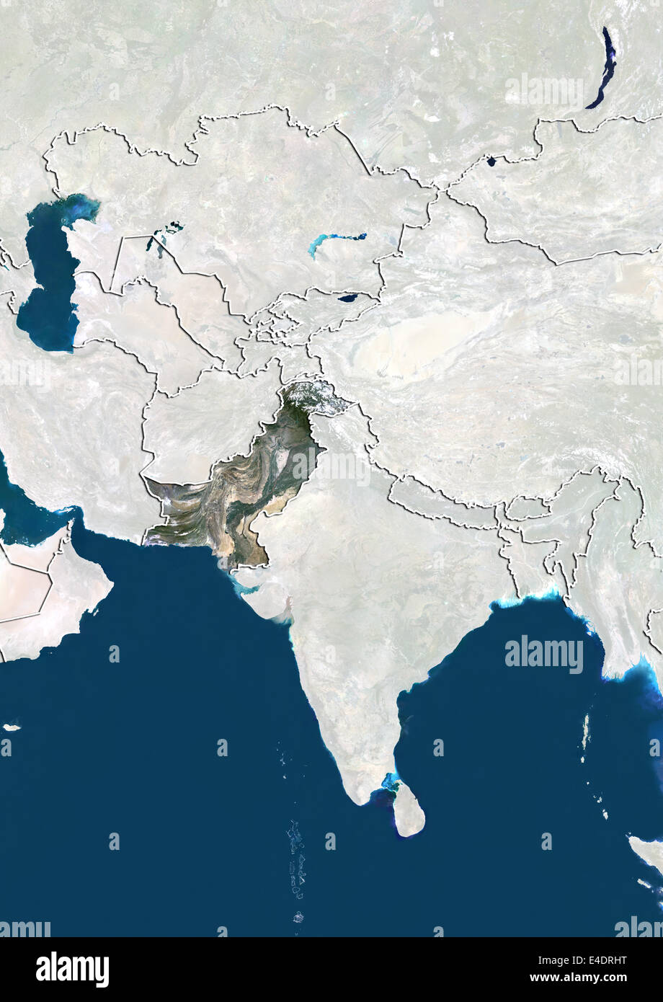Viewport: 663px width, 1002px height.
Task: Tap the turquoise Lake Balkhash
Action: tap(336, 240)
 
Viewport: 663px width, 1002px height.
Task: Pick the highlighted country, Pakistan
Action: tap(238, 490)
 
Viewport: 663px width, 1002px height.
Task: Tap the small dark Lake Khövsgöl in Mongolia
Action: tap(491, 161)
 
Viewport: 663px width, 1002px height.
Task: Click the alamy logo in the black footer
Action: tap(72, 970)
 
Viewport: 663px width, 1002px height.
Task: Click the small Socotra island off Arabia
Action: tap(11, 727)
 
